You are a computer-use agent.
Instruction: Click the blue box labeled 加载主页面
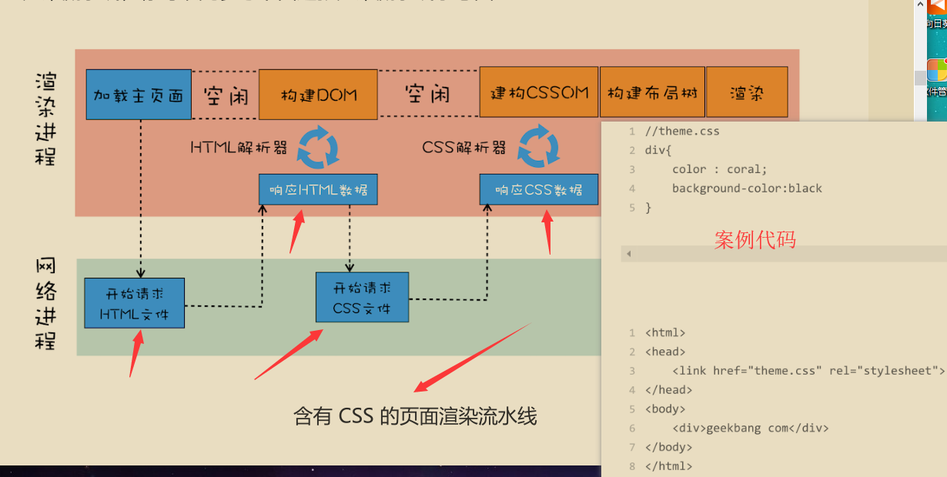tap(139, 95)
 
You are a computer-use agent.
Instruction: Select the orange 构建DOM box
tap(318, 95)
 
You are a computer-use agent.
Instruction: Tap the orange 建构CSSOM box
tap(539, 92)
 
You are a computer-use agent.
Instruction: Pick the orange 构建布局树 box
tap(652, 92)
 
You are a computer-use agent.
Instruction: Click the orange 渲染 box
tap(746, 92)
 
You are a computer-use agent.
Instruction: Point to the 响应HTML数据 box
tap(318, 189)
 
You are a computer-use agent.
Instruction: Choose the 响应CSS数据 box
tap(539, 189)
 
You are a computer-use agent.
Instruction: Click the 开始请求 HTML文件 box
tap(135, 302)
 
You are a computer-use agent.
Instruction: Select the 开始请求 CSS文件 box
tap(362, 297)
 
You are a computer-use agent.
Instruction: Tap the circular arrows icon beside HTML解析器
tap(318, 147)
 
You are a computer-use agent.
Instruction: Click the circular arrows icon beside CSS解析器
tap(539, 147)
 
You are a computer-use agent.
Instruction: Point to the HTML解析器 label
tap(239, 147)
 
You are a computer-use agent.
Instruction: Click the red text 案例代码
tap(755, 239)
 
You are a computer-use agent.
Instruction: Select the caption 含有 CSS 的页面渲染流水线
tap(415, 416)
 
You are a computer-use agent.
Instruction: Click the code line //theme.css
tap(682, 131)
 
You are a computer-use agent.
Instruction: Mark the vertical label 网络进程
tap(46, 304)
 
